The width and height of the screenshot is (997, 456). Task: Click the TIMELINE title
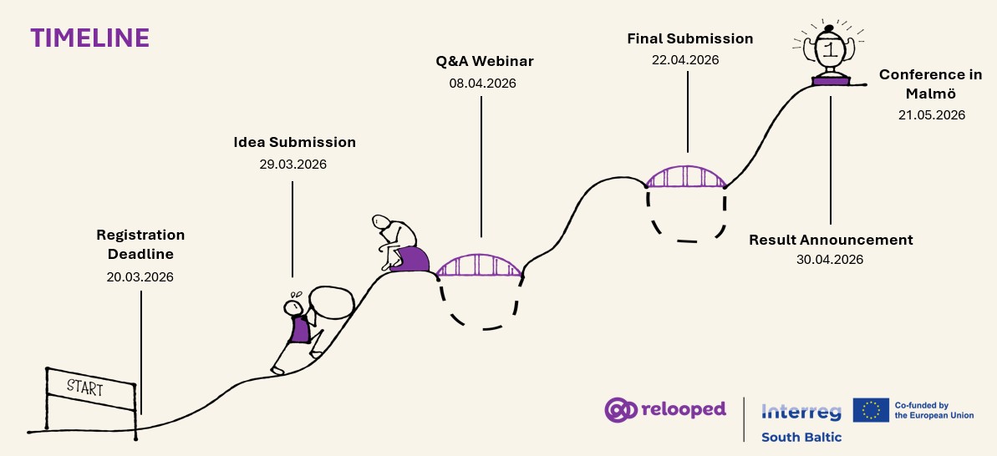click(90, 38)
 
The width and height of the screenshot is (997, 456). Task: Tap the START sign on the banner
click(85, 388)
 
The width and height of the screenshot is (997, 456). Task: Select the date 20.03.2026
click(140, 276)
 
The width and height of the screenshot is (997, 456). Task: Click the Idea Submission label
click(294, 142)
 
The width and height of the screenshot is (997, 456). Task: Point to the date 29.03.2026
click(292, 164)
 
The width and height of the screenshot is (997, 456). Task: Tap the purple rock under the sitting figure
click(410, 259)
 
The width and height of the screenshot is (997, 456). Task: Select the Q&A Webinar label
click(484, 61)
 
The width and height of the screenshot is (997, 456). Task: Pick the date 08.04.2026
click(482, 83)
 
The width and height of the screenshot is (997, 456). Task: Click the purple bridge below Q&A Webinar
click(480, 265)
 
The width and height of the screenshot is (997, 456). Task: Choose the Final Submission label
click(689, 38)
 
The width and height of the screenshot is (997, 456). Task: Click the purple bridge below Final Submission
click(685, 177)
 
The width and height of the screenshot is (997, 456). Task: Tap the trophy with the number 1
click(830, 51)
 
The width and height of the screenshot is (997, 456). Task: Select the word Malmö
click(929, 94)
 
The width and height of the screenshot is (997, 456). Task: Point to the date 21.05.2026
click(930, 115)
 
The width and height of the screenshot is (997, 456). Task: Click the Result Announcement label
click(831, 240)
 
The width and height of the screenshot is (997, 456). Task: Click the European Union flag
click(870, 410)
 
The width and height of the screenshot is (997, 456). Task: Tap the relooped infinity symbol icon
click(620, 409)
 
